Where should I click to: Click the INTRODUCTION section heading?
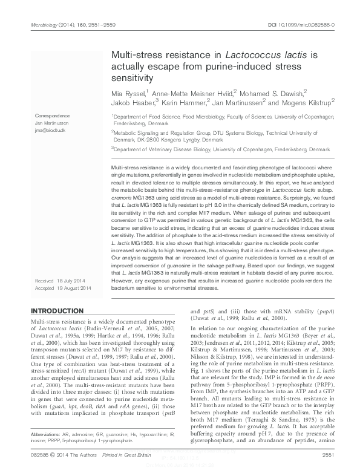(57, 310)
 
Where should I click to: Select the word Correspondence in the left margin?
(53, 115)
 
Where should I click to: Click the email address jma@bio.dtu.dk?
(49, 129)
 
